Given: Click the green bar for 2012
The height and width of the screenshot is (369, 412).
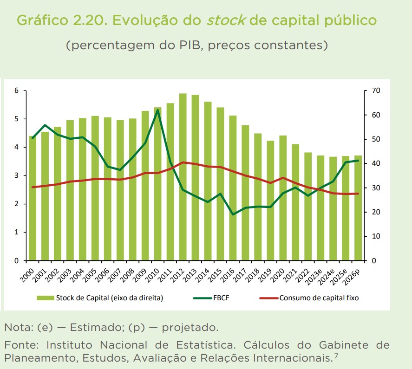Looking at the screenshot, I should pyautogui.click(x=183, y=176).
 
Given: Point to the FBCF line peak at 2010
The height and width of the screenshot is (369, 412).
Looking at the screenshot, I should pyautogui.click(x=158, y=110).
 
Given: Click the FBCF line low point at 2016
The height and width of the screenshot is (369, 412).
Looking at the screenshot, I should pyautogui.click(x=233, y=214).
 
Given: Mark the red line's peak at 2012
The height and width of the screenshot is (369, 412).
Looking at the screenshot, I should pyautogui.click(x=183, y=162).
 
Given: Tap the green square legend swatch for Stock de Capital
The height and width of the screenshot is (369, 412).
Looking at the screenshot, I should pyautogui.click(x=46, y=298).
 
